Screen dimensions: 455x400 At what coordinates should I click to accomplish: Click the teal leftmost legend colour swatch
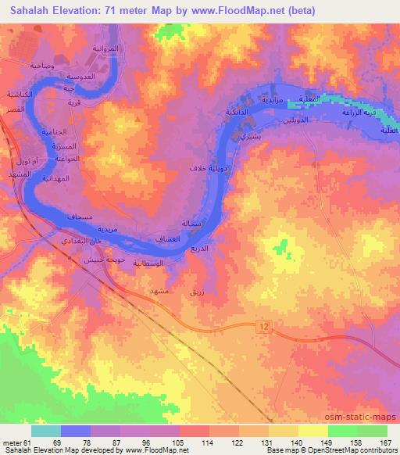(46, 431)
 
